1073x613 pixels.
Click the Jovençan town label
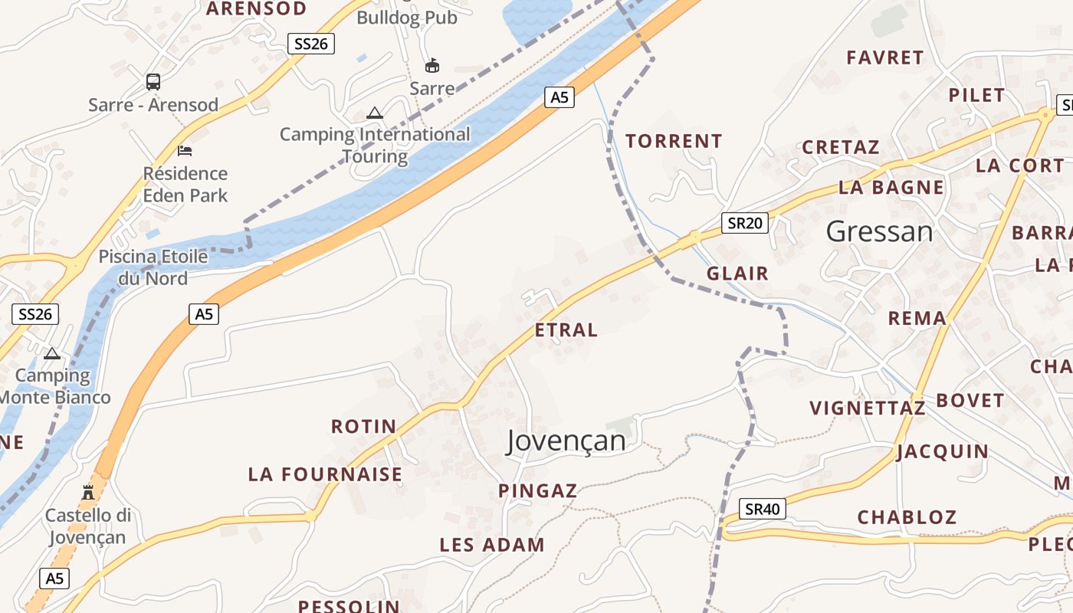pos(566,441)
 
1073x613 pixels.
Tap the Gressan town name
pos(880,231)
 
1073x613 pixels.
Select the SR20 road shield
pos(745,223)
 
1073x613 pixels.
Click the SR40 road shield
pos(763,509)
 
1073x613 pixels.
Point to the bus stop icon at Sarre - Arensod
pos(153,81)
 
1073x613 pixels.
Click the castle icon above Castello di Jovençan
pos(88,491)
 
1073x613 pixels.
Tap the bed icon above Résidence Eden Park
pos(185,150)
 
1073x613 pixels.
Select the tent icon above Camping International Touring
pos(374,113)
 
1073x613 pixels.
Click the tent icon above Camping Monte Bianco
pos(52,353)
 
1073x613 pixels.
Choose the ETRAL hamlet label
pos(566,330)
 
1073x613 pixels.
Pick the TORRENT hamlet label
pos(674,141)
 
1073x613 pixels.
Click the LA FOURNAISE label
pos(325,474)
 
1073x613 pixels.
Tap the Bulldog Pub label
pos(406,18)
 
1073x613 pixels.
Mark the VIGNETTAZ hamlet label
pos(868,408)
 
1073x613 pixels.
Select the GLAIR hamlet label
pos(737,274)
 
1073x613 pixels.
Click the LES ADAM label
pos(491,545)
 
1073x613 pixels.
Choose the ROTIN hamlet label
pos(363,426)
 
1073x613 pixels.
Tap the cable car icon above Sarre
pos(432,65)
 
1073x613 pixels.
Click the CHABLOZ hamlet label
pos(907,517)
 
